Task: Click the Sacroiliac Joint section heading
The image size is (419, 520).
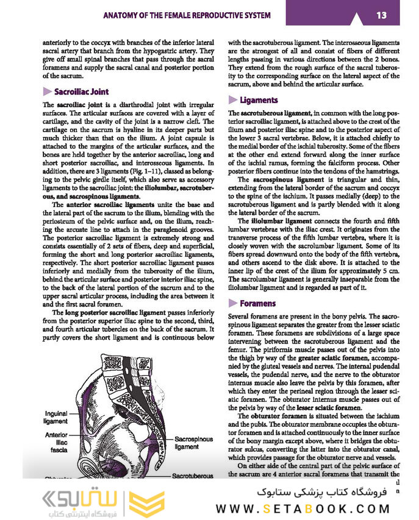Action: pos(81,92)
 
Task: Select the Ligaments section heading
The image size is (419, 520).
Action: pos(259,100)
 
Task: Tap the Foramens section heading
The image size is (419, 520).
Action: pos(257,303)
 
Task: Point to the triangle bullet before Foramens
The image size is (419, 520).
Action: pos(232,303)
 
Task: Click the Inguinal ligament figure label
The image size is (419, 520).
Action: pos(57,417)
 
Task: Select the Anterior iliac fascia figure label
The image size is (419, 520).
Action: pos(56,443)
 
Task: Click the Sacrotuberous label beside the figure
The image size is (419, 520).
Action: pos(197,476)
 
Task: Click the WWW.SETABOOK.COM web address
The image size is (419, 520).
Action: pos(312,508)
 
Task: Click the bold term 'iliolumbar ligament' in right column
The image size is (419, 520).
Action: pos(281,220)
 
